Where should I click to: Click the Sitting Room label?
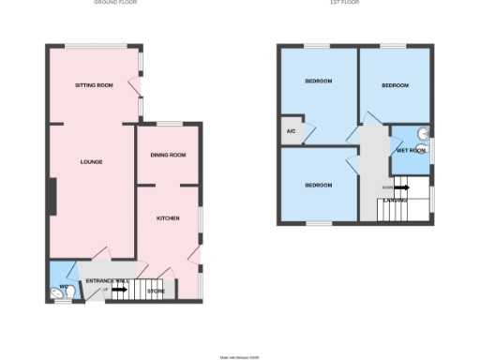[x=94, y=85]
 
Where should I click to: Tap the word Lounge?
[x=91, y=162]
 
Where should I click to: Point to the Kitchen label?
[x=168, y=218]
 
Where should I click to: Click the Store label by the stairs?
[x=157, y=292]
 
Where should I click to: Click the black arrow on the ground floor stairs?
[x=120, y=291]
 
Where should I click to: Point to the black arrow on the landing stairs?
[x=401, y=187]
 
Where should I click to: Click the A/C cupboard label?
[x=291, y=131]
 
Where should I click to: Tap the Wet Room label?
[x=411, y=150]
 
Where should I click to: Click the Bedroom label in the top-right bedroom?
[x=395, y=85]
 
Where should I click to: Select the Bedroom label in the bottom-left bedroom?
[x=319, y=185]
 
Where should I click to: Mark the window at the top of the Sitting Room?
[x=95, y=46]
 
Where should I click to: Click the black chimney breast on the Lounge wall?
[x=51, y=198]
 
